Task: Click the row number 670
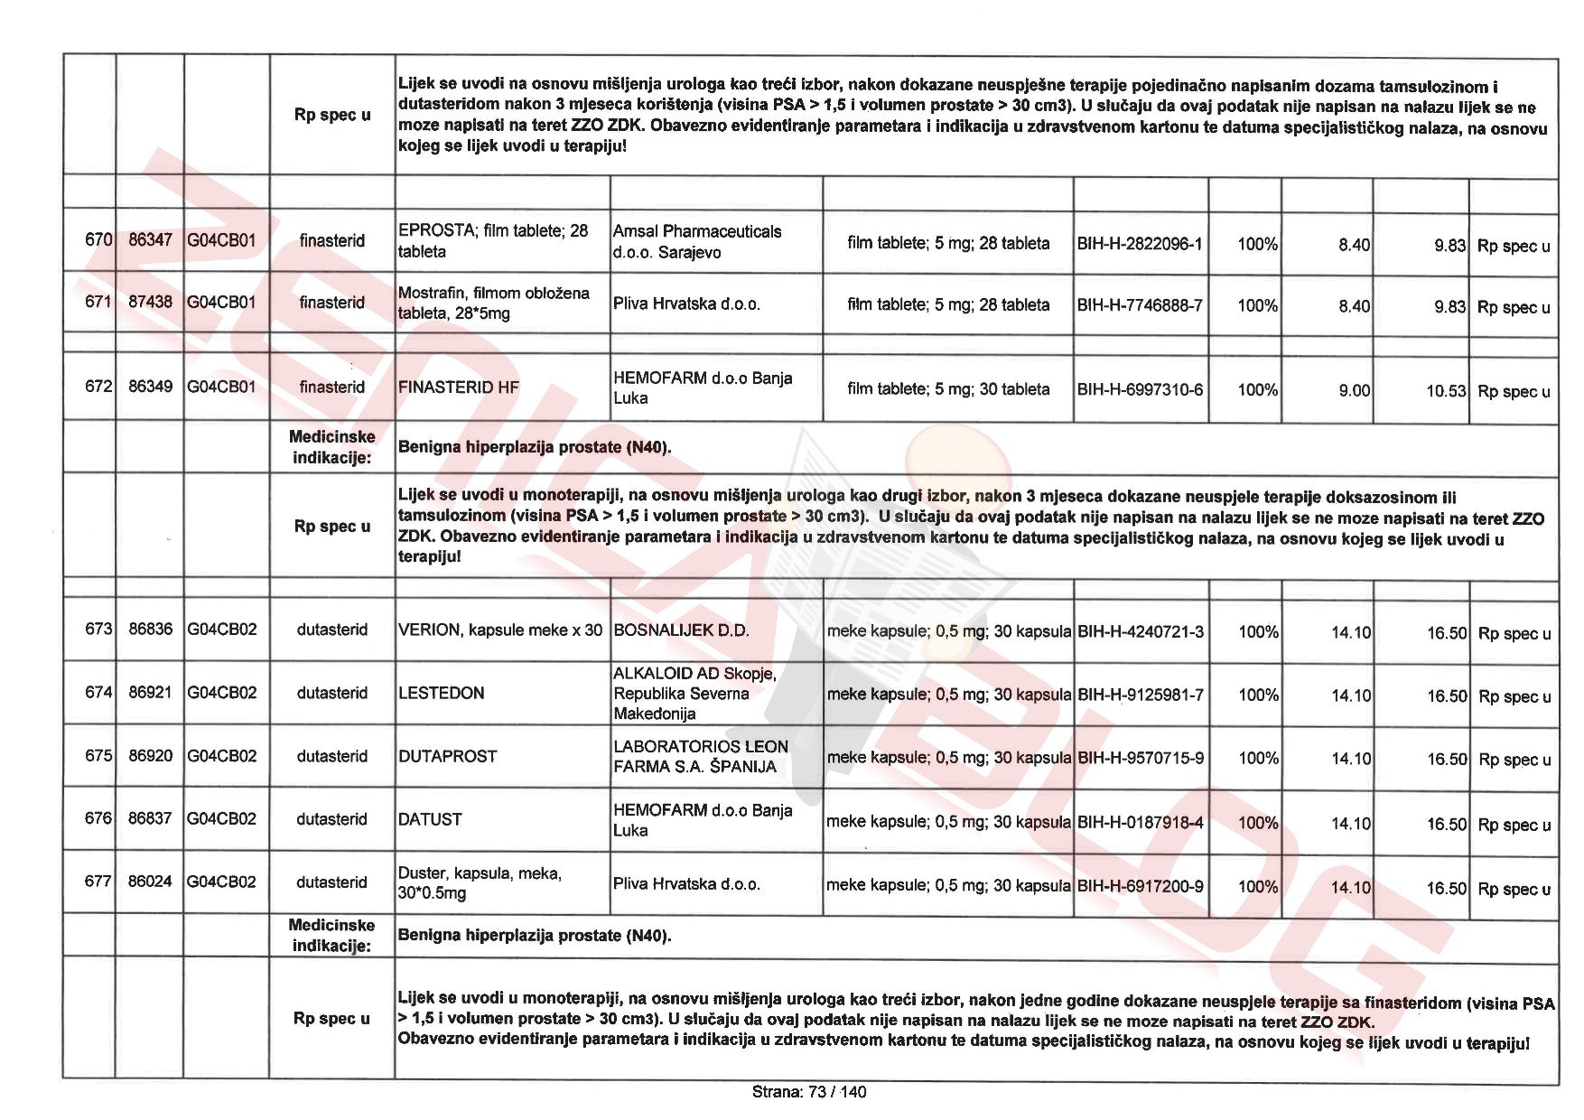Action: point(98,240)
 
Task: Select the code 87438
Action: point(150,302)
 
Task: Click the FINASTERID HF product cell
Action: point(459,387)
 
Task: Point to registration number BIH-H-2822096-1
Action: point(1140,244)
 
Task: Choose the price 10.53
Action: point(1446,391)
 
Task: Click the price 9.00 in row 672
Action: point(1354,390)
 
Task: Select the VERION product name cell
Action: point(499,630)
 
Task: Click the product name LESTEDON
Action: point(442,694)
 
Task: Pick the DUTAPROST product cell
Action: point(448,757)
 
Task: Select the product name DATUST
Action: point(430,820)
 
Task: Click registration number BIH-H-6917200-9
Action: point(1140,887)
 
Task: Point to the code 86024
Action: point(150,882)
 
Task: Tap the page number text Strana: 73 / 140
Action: point(808,1092)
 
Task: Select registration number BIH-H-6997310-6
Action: point(1140,390)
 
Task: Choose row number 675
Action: point(98,756)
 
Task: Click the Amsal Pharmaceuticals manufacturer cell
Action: point(697,241)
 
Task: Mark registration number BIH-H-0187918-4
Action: point(1140,823)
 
